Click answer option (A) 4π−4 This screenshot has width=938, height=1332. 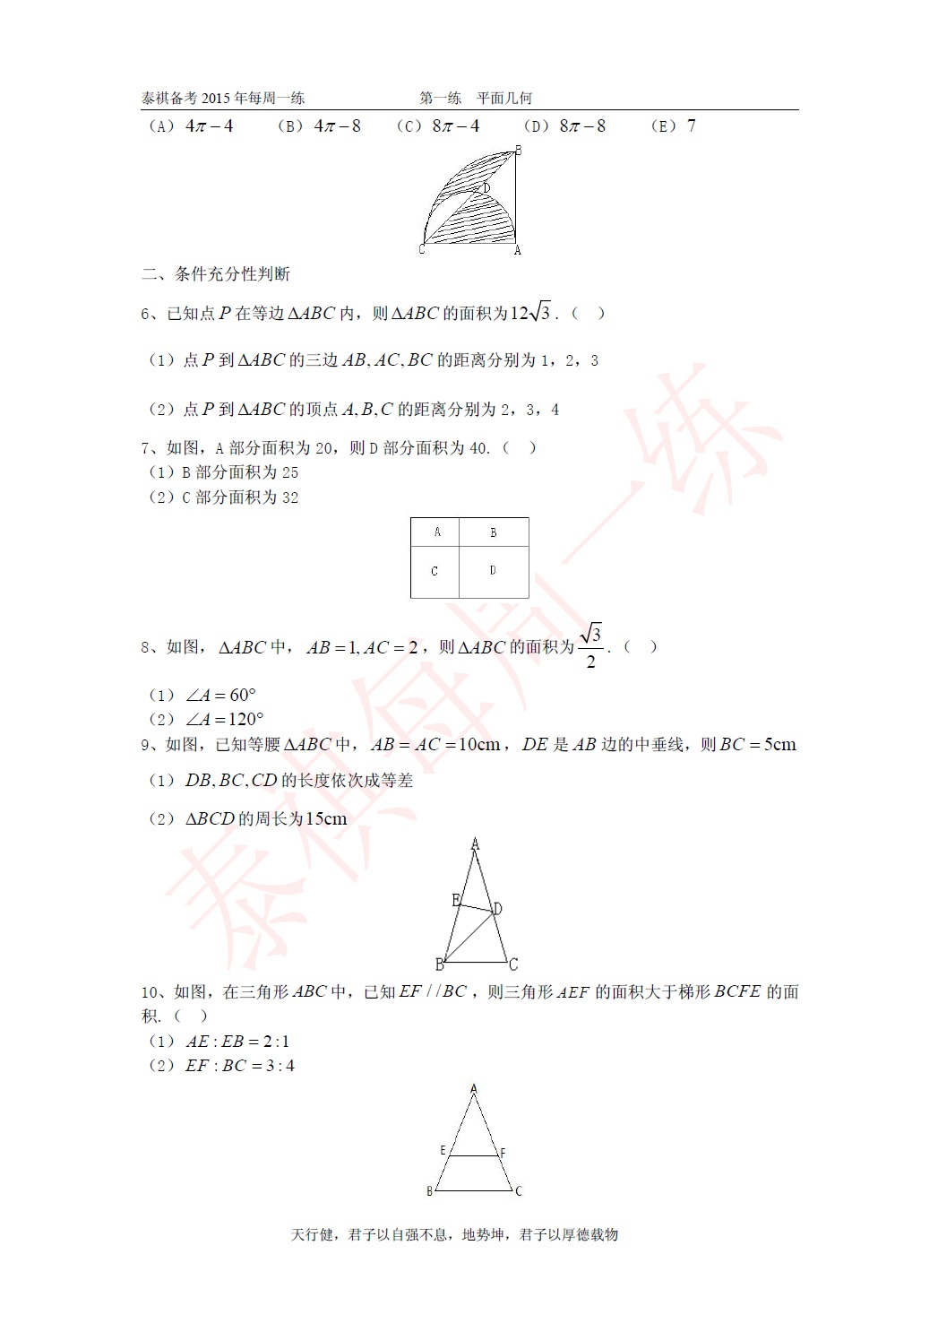pyautogui.click(x=193, y=126)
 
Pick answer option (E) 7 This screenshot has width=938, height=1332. pyautogui.click(x=674, y=126)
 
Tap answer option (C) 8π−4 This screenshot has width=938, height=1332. pyautogui.click(x=439, y=126)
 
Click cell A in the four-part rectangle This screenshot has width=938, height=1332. pyautogui.click(x=436, y=532)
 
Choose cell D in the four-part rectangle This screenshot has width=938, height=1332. pyautogui.click(x=493, y=570)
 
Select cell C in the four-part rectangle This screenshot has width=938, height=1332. pyautogui.click(x=435, y=571)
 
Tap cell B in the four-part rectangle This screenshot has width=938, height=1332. pyautogui.click(x=493, y=532)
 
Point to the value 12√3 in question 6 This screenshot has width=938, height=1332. pyautogui.click(x=530, y=313)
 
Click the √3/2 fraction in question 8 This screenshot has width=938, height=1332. pyautogui.click(x=590, y=646)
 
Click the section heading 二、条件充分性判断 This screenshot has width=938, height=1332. pyautogui.click(x=216, y=274)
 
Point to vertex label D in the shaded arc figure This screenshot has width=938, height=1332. pyautogui.click(x=486, y=188)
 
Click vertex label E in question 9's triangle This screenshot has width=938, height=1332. pyautogui.click(x=456, y=900)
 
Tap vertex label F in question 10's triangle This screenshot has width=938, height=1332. pyautogui.click(x=503, y=1153)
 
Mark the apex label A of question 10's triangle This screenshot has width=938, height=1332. pyautogui.click(x=474, y=1090)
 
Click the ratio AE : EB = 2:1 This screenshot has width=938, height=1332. pyautogui.click(x=237, y=1042)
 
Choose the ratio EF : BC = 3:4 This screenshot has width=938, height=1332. pyautogui.click(x=240, y=1066)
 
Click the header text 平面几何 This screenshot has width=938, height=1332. pyautogui.click(x=504, y=99)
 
